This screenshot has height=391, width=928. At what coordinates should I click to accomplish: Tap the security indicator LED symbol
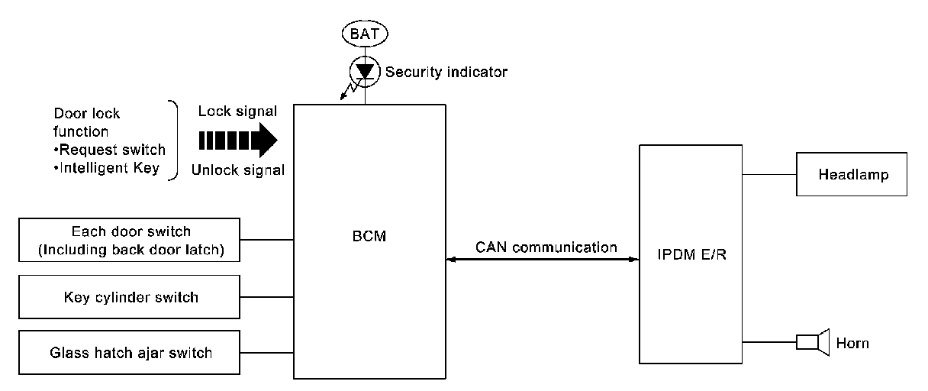tap(365, 72)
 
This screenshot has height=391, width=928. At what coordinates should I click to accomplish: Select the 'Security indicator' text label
tap(446, 72)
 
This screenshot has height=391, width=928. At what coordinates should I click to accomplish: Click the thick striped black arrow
tap(238, 141)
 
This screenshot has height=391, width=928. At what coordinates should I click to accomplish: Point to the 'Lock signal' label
tap(237, 111)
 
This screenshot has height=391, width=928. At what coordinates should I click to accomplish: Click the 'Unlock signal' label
tap(238, 170)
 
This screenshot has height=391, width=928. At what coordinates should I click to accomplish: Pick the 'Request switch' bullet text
tap(110, 150)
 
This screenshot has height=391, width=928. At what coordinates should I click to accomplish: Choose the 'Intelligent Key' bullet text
tap(107, 168)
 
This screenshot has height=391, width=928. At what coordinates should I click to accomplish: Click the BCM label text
tap(369, 236)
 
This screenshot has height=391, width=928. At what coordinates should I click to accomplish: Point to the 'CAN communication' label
tap(546, 247)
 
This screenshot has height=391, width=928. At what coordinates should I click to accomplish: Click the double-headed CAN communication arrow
tap(543, 260)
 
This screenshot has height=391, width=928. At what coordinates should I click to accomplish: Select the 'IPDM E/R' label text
tap(692, 254)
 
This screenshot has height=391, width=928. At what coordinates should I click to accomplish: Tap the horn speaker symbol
tap(813, 342)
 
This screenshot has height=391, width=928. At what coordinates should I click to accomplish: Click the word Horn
tap(852, 344)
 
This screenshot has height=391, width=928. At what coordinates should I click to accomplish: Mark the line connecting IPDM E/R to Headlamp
tap(769, 175)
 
